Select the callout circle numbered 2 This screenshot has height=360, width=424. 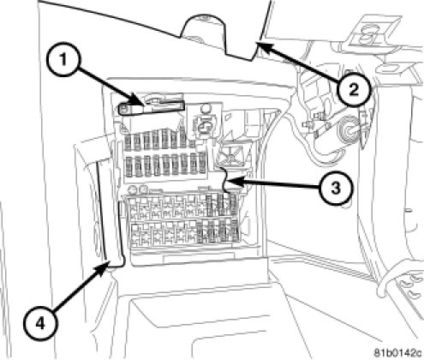click(x=354, y=90)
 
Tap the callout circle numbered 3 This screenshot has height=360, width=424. click(x=336, y=189)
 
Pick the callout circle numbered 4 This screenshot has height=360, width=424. click(x=41, y=324)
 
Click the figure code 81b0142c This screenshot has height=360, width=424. click(x=398, y=351)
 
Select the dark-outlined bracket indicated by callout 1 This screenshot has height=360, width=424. click(x=151, y=106)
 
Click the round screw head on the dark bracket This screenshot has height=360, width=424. click(x=123, y=108)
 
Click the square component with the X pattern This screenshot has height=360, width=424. click(x=230, y=156)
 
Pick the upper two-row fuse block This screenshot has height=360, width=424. click(x=165, y=156)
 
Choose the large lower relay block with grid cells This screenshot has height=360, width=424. click(x=184, y=221)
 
